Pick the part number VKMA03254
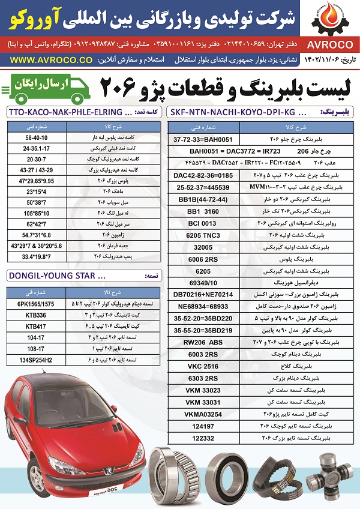click(x=206, y=414)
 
